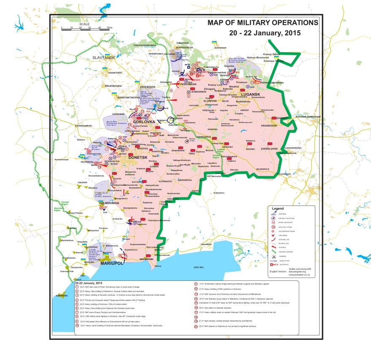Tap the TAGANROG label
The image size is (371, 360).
tap(206, 244)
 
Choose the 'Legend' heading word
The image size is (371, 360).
tap(278, 208)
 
